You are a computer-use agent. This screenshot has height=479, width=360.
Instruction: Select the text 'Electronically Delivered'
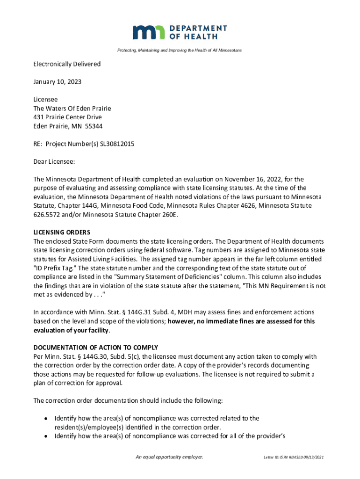(x=67, y=64)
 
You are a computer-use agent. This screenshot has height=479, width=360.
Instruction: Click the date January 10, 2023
(x=57, y=82)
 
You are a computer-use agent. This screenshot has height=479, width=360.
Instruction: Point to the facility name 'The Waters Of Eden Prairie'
(x=72, y=109)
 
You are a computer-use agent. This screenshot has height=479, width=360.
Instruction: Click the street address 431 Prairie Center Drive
(x=67, y=117)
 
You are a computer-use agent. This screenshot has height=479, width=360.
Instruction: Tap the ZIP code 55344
(x=94, y=126)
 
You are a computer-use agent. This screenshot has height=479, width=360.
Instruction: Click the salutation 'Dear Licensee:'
(x=54, y=162)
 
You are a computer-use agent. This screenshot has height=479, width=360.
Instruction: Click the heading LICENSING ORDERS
(x=62, y=232)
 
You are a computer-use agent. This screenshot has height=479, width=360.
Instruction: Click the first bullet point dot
(x=46, y=419)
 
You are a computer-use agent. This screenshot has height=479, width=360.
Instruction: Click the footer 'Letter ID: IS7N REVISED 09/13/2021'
(x=293, y=457)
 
